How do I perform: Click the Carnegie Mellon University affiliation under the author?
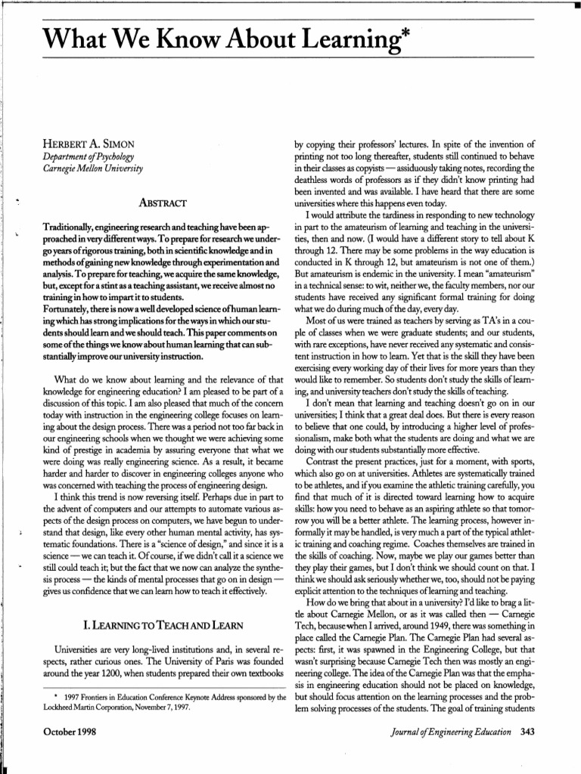point(93,167)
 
